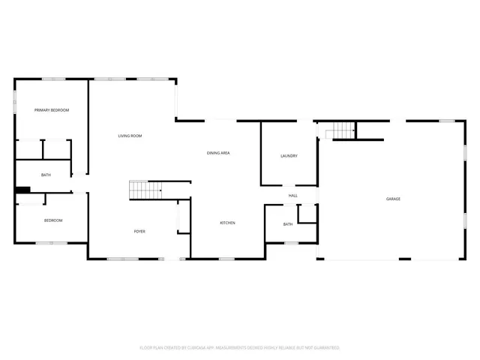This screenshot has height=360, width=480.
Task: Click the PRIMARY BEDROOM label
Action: [52, 110]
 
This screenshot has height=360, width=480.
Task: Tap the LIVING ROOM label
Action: [130, 136]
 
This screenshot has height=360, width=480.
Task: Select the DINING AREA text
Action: [218, 153]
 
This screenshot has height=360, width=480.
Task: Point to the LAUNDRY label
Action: [289, 156]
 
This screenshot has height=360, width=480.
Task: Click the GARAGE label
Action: [393, 199]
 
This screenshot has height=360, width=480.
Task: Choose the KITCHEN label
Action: [228, 223]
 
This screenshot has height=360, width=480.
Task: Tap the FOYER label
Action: [139, 232]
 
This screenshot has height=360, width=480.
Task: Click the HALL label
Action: [292, 196]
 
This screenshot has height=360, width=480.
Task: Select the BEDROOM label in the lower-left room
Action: [52, 220]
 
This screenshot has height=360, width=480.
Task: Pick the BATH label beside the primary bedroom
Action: [46, 175]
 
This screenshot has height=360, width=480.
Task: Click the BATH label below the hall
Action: [288, 224]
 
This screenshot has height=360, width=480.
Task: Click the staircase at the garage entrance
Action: [342, 130]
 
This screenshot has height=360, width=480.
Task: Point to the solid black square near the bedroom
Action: [23, 190]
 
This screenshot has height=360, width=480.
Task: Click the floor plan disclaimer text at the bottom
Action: [240, 348]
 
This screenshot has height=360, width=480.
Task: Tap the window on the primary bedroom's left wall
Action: [16, 101]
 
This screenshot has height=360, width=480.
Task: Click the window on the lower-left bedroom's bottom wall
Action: [52, 242]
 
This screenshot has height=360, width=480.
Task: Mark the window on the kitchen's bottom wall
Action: [227, 259]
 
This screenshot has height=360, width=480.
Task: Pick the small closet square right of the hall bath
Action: [307, 213]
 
